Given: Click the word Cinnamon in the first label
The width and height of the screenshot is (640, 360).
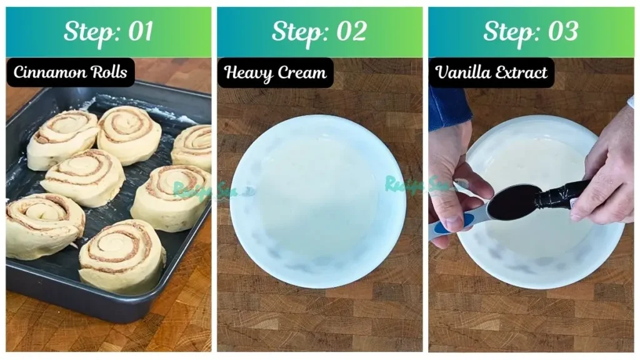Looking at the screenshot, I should (49, 72).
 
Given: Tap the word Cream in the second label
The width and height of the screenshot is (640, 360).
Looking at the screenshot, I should (302, 73).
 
